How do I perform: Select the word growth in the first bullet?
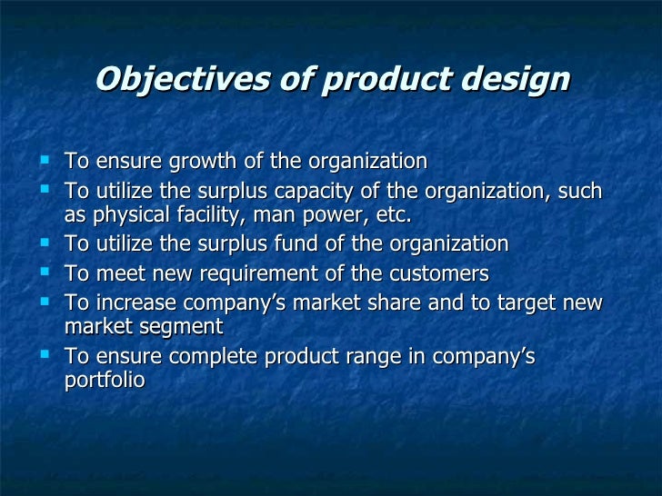point(196,162)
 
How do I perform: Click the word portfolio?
point(104,380)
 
